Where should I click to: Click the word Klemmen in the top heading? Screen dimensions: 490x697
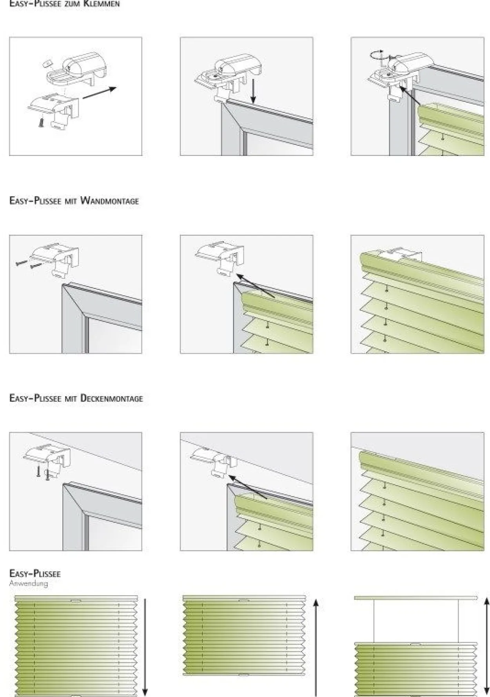click(x=102, y=4)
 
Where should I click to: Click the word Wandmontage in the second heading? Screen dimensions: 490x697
click(x=109, y=201)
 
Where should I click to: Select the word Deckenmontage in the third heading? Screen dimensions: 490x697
click(x=111, y=398)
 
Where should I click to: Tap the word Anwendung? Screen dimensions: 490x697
click(x=29, y=583)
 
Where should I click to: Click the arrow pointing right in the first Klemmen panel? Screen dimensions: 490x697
click(x=100, y=93)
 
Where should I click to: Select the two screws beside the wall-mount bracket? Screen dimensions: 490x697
click(x=29, y=263)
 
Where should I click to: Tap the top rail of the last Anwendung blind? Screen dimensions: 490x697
click(x=416, y=598)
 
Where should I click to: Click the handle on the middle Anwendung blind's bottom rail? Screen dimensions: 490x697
click(x=243, y=675)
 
